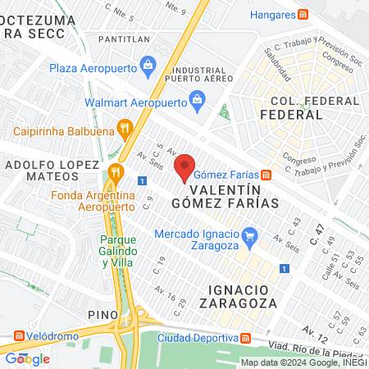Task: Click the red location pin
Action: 185,167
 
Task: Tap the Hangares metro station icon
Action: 303,14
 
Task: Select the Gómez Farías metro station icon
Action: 266,175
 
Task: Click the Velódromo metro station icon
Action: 19,335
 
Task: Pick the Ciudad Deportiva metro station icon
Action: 247,339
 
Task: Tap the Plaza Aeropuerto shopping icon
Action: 148,64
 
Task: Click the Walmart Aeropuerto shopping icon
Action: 197,102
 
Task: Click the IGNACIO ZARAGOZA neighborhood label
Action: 250,298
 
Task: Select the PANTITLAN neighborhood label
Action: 123,39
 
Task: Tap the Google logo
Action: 27,358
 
